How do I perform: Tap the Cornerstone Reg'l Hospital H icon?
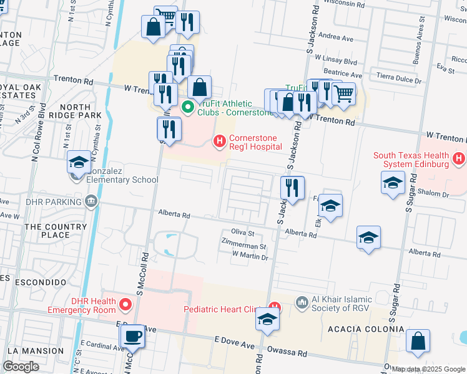(219, 141)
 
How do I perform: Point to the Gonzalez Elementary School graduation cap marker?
(79, 163)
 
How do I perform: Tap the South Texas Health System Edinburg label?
(411, 160)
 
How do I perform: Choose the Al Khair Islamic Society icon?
(302, 303)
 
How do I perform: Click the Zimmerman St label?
(244, 247)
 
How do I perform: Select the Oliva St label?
(242, 233)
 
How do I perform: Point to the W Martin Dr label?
(250, 256)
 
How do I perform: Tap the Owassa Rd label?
(288, 353)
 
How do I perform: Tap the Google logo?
(21, 367)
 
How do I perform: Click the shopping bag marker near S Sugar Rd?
(418, 342)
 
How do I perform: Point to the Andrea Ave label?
(336, 38)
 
